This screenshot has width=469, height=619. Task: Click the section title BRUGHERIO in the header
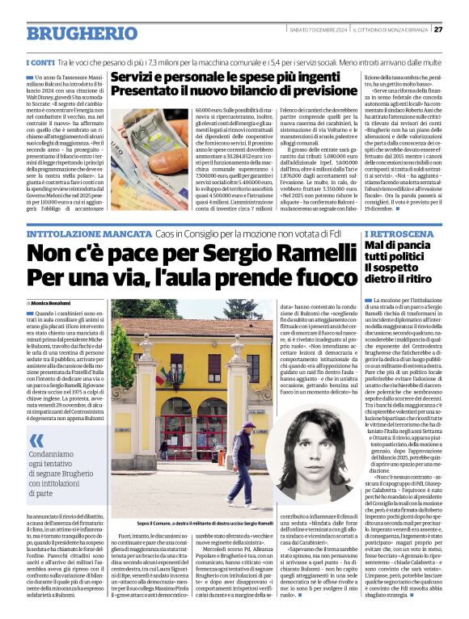[x=80, y=33]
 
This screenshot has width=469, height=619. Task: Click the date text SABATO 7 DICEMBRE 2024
[x=317, y=30]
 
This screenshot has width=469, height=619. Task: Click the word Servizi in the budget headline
[x=138, y=78]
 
